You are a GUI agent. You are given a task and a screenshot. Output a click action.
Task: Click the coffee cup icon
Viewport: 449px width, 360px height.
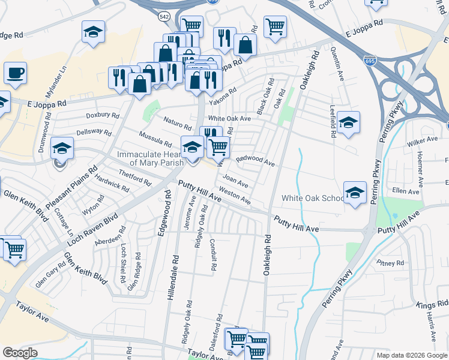coord(16,74)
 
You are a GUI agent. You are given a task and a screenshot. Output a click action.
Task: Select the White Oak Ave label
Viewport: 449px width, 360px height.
coord(229,119)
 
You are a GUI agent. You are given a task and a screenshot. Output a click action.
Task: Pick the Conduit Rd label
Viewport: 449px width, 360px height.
coord(213,252)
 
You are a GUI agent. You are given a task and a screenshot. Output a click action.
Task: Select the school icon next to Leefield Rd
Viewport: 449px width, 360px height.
coord(348,123)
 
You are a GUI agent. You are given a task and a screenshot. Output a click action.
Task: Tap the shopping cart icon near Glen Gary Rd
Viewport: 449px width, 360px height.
coord(14,250)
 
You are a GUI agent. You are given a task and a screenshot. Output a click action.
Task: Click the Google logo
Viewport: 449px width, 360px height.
coord(20,353)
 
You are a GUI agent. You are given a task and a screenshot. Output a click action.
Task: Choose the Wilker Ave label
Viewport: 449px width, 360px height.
coord(423,140)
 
